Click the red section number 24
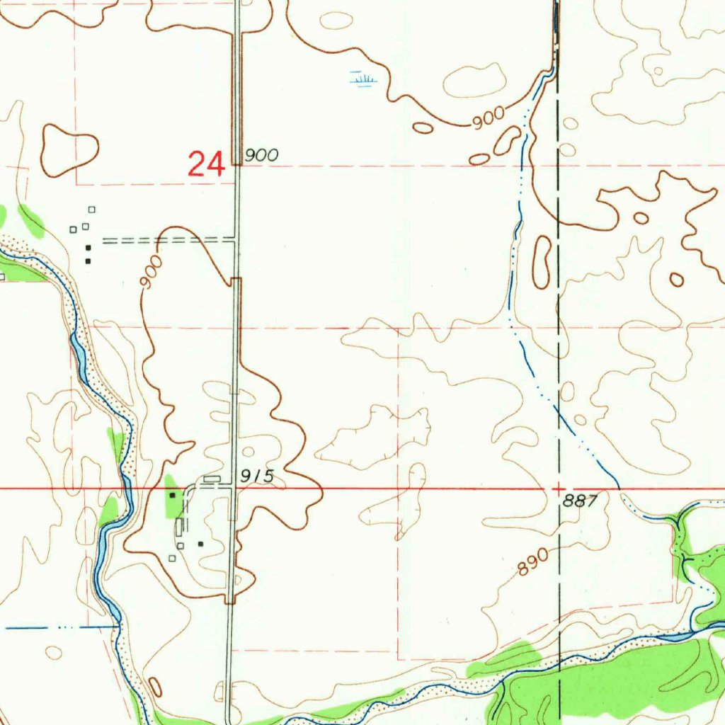tap(206, 164)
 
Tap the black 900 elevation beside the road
tap(261, 155)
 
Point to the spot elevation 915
tap(256, 476)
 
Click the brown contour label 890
tap(533, 563)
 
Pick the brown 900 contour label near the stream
tap(489, 118)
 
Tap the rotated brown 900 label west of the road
tap(151, 273)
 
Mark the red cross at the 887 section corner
tap(559, 489)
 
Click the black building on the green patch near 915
tap(172, 496)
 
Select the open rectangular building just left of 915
tap(212, 479)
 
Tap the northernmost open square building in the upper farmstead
tap(91, 209)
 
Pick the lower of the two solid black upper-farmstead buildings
tap(88, 261)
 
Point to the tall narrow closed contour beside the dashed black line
tap(542, 262)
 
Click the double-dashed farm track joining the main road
tap(170, 241)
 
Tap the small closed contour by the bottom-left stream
tap(155, 686)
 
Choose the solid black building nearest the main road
tap(201, 544)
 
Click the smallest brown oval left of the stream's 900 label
tap(423, 128)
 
